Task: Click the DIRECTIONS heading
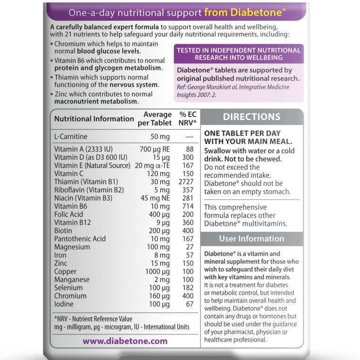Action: point(251,117)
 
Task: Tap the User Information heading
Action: point(251,238)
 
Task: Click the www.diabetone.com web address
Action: point(125,341)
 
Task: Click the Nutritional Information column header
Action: point(94,119)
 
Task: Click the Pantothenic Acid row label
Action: point(80,238)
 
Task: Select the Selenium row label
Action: point(68,287)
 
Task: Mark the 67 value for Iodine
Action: point(189,304)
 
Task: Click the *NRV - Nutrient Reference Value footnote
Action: point(93,319)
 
